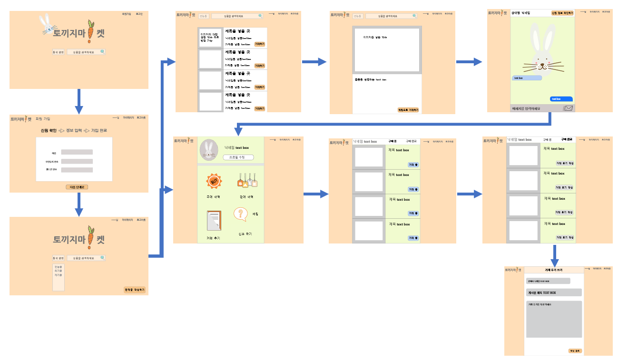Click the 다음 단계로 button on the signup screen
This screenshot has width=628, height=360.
coord(77,187)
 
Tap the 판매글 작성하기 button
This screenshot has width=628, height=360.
coord(134,290)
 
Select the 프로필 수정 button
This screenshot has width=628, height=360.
coord(238,157)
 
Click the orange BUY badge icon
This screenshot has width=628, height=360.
coord(214,182)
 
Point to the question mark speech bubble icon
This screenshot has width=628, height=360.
coord(241,214)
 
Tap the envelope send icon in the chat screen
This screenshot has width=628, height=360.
coord(568,108)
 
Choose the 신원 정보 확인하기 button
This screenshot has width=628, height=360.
coord(562,13)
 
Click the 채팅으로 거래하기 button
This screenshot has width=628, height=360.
coord(408,110)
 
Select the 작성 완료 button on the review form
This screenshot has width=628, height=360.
coord(575,351)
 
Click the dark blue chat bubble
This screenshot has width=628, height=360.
coord(561,99)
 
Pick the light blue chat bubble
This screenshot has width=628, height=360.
coord(527,78)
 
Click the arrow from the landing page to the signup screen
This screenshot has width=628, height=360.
coord(79,101)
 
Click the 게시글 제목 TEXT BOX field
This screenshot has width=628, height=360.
coord(554,292)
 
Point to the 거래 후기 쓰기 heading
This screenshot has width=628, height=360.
coord(553,270)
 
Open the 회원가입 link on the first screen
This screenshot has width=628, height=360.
coord(126,14)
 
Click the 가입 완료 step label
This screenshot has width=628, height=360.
coord(99,130)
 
